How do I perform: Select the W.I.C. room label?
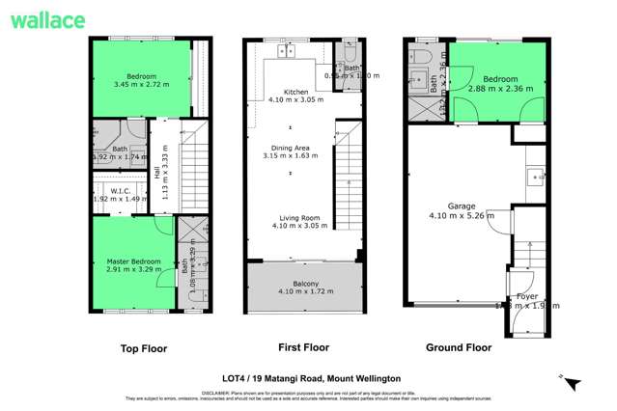[x=121, y=190]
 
